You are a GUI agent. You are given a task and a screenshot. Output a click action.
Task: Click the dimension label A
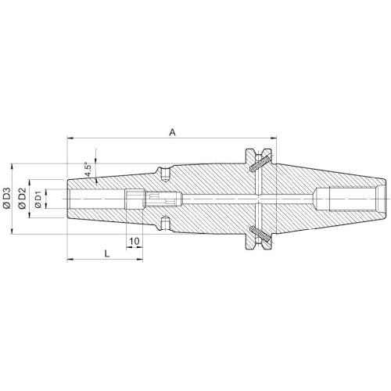pos(172,132)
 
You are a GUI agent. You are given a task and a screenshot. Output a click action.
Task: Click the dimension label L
pos(107,253)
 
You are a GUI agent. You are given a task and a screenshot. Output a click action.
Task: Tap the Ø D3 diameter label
pos(7,198)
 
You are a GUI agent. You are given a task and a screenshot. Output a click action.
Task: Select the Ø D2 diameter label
pos(23,199)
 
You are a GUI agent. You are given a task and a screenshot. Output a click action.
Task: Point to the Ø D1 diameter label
pos(38,199)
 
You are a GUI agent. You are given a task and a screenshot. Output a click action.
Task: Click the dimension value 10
pos(135,241)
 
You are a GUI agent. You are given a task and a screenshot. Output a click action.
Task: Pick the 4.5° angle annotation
pos(88,170)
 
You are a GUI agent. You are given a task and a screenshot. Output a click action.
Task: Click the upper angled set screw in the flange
pos(260,163)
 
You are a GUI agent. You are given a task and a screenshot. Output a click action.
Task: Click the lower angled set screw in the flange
pos(260,235)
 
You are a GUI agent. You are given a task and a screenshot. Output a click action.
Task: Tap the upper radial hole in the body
pos(165,174)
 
